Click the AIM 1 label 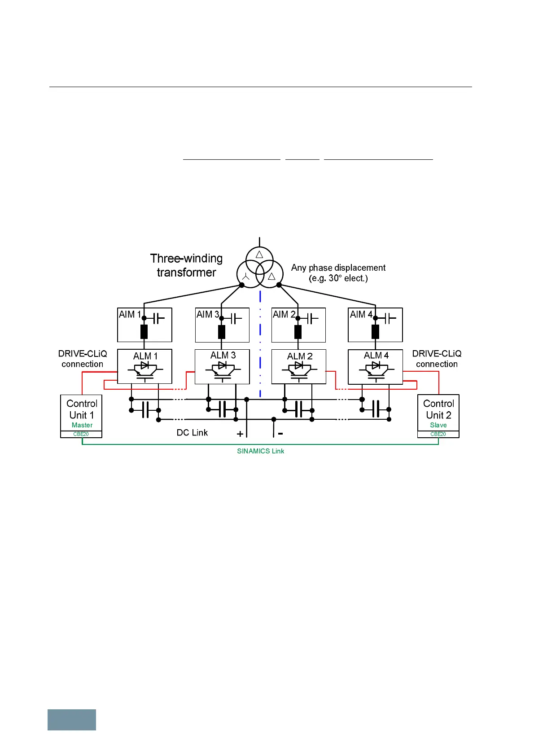[x=130, y=315]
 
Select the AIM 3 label [x=207, y=315]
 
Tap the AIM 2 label [x=284, y=315]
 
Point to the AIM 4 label [x=361, y=315]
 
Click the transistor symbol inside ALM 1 [x=144, y=370]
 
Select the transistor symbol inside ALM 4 [x=376, y=370]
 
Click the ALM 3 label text [x=223, y=356]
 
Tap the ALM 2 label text [x=300, y=356]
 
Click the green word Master [x=82, y=425]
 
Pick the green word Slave [x=438, y=425]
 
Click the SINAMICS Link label [x=260, y=451]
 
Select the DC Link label [x=192, y=433]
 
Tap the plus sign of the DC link [x=240, y=434]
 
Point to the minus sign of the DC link [x=280, y=434]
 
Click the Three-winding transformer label [x=186, y=265]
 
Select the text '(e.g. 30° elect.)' [x=338, y=278]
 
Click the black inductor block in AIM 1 [x=144, y=332]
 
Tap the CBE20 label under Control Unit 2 [x=438, y=434]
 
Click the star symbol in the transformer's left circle [x=245, y=277]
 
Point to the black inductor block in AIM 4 [x=376, y=332]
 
